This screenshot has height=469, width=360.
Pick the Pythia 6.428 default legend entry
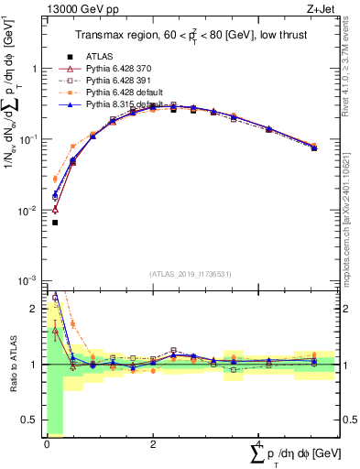click(x=120, y=93)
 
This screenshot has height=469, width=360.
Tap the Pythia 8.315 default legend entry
click(x=120, y=104)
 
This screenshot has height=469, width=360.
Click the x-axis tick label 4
click(x=259, y=443)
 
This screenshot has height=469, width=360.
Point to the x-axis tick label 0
click(x=47, y=443)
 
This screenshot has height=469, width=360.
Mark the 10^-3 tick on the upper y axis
click(x=31, y=280)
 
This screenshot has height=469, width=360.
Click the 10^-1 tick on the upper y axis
click(x=31, y=139)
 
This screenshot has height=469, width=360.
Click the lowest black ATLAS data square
click(x=55, y=222)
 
